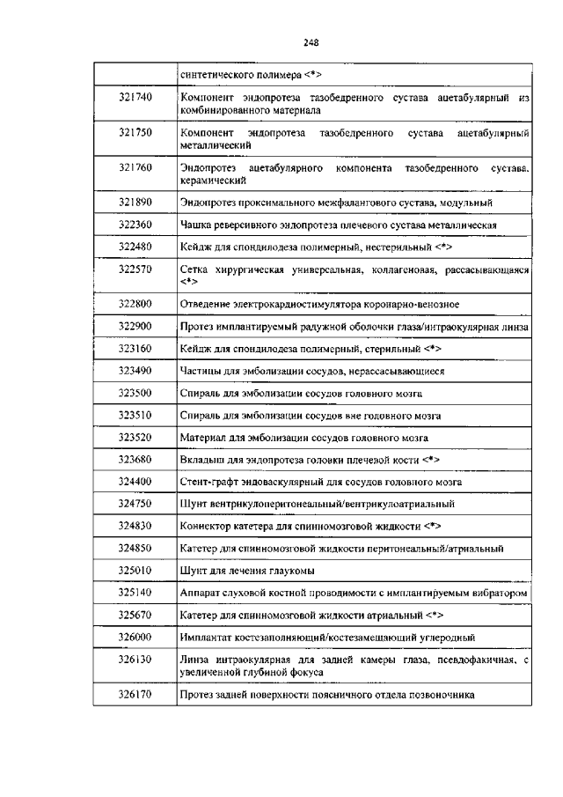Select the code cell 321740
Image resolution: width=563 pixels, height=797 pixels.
[x=135, y=97]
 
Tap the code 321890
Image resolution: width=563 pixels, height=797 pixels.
[x=135, y=203]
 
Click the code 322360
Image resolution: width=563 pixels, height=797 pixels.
[x=135, y=225]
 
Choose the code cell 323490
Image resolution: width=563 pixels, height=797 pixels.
[x=135, y=371]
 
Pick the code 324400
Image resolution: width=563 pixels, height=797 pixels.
[x=135, y=482]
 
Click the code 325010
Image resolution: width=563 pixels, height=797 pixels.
[x=135, y=571]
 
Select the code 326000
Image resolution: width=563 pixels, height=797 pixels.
[x=135, y=637]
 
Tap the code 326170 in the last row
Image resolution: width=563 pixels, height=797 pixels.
[x=135, y=696]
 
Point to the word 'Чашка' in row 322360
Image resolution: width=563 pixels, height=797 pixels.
[x=196, y=225]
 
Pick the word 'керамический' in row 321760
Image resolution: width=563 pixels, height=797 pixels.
[x=213, y=180]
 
